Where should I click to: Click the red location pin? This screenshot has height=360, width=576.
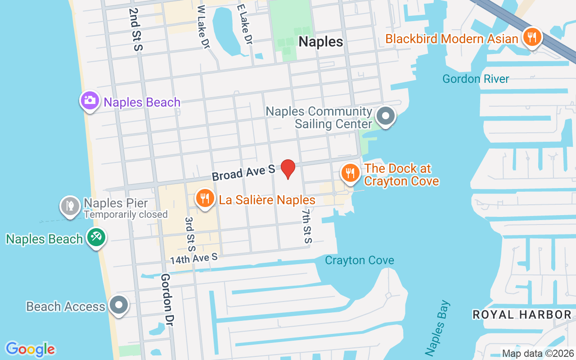[x=288, y=169]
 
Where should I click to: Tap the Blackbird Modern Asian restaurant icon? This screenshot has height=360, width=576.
[x=532, y=37]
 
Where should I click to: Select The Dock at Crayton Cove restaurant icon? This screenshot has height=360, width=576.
[x=350, y=172]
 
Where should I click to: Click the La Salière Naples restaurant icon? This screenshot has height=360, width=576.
[x=205, y=198]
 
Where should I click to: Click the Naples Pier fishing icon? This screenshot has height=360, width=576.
[x=70, y=206]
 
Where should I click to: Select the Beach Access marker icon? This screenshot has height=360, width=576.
[x=119, y=305]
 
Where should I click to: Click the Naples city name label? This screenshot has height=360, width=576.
[x=321, y=42]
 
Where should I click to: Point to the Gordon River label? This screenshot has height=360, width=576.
[x=476, y=79]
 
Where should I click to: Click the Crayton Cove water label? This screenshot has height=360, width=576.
[x=359, y=260]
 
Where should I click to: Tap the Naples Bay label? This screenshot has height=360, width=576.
[x=436, y=328]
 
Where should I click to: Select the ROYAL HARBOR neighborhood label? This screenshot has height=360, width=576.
[x=522, y=315]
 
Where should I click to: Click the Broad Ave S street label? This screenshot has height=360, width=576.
[x=243, y=172]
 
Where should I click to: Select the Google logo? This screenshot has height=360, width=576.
[x=30, y=349]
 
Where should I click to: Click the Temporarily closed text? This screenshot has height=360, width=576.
[x=126, y=215]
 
